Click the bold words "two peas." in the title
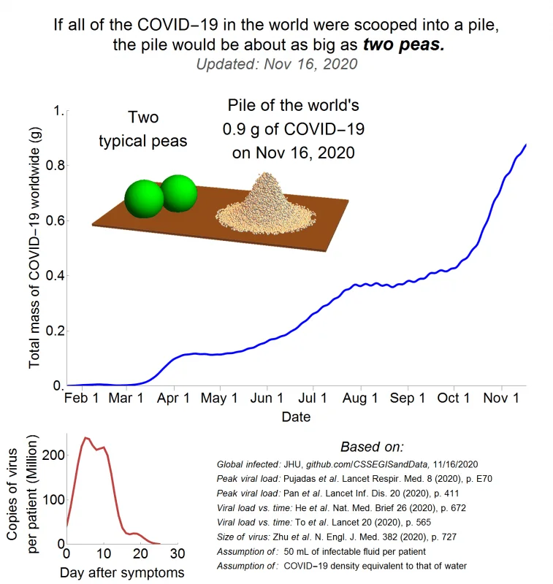click(404, 45)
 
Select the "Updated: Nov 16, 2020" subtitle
click(277, 64)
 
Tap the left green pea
click(144, 199)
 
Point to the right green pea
click(180, 192)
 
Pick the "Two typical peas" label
click(143, 129)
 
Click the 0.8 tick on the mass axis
click(55, 165)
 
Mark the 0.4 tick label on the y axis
click(55, 276)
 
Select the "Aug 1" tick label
click(360, 398)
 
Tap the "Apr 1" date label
click(173, 398)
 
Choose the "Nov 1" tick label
click(501, 398)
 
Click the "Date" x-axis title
click(296, 417)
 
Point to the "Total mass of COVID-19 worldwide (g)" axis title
click(34, 247)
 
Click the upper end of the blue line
click(526, 145)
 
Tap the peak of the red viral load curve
click(86, 437)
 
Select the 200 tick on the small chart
click(53, 455)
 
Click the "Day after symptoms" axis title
click(122, 572)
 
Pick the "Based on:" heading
click(372, 447)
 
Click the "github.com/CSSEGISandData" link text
click(367, 464)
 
